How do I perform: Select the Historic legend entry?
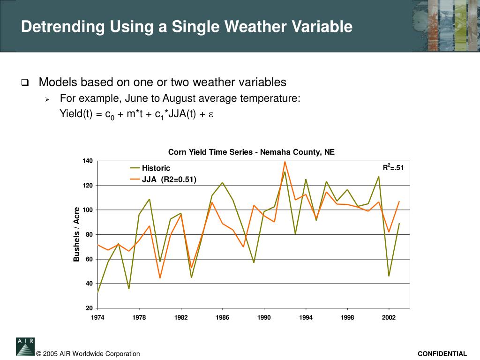[156, 168]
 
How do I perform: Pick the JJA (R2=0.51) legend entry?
[169, 179]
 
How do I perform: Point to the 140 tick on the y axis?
[88, 161]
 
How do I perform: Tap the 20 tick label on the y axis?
[89, 308]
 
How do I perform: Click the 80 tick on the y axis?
[89, 234]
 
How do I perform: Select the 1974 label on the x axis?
[97, 317]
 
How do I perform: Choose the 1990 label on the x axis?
[264, 317]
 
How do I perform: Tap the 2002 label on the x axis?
[389, 317]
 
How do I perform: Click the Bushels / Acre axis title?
[77, 234]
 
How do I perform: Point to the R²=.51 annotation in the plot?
[393, 167]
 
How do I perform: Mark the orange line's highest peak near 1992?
[285, 162]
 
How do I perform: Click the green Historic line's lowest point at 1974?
[97, 292]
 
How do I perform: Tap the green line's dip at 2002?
[389, 276]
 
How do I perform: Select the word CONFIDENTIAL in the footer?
[442, 354]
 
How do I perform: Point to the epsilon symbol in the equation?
[211, 114]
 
